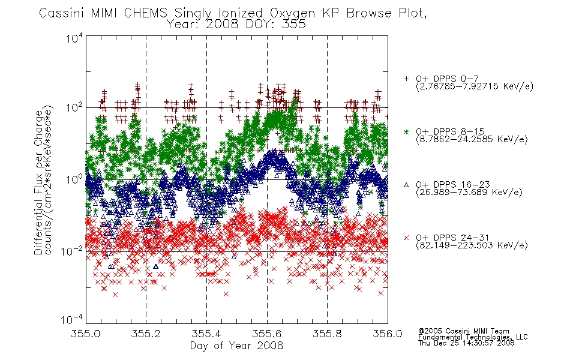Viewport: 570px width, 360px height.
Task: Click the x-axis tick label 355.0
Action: pyautogui.click(x=85, y=334)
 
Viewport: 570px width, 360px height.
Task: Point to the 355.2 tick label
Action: pyautogui.click(x=146, y=334)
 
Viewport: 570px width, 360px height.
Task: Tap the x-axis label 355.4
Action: pyautogui.click(x=206, y=334)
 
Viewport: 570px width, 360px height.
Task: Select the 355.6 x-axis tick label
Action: pyautogui.click(x=267, y=334)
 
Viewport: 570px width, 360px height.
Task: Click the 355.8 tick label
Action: pyautogui.click(x=327, y=334)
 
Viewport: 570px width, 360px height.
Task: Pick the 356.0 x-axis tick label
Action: pyautogui.click(x=388, y=334)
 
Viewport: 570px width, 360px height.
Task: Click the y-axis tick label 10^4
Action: pyautogui.click(x=74, y=38)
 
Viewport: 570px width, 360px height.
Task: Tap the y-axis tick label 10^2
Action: pyautogui.click(x=74, y=107)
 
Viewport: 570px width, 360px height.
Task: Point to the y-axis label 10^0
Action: pyautogui.click(x=74, y=179)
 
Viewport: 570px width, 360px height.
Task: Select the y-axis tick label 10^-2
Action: pyautogui.click(x=72, y=251)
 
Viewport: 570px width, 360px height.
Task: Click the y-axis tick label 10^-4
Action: pyautogui.click(x=72, y=319)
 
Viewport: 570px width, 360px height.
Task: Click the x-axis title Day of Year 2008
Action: pyautogui.click(x=236, y=346)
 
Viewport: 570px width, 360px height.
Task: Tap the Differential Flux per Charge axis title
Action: pyautogui.click(x=38, y=182)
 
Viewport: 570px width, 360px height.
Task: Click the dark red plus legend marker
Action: pyautogui.click(x=406, y=79)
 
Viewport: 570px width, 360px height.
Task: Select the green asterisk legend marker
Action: pyautogui.click(x=406, y=131)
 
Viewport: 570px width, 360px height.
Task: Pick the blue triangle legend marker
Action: pyautogui.click(x=406, y=185)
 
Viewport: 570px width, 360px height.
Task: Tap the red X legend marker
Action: pyautogui.click(x=406, y=238)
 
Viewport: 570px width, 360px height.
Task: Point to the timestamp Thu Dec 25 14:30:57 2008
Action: pyautogui.click(x=466, y=343)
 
